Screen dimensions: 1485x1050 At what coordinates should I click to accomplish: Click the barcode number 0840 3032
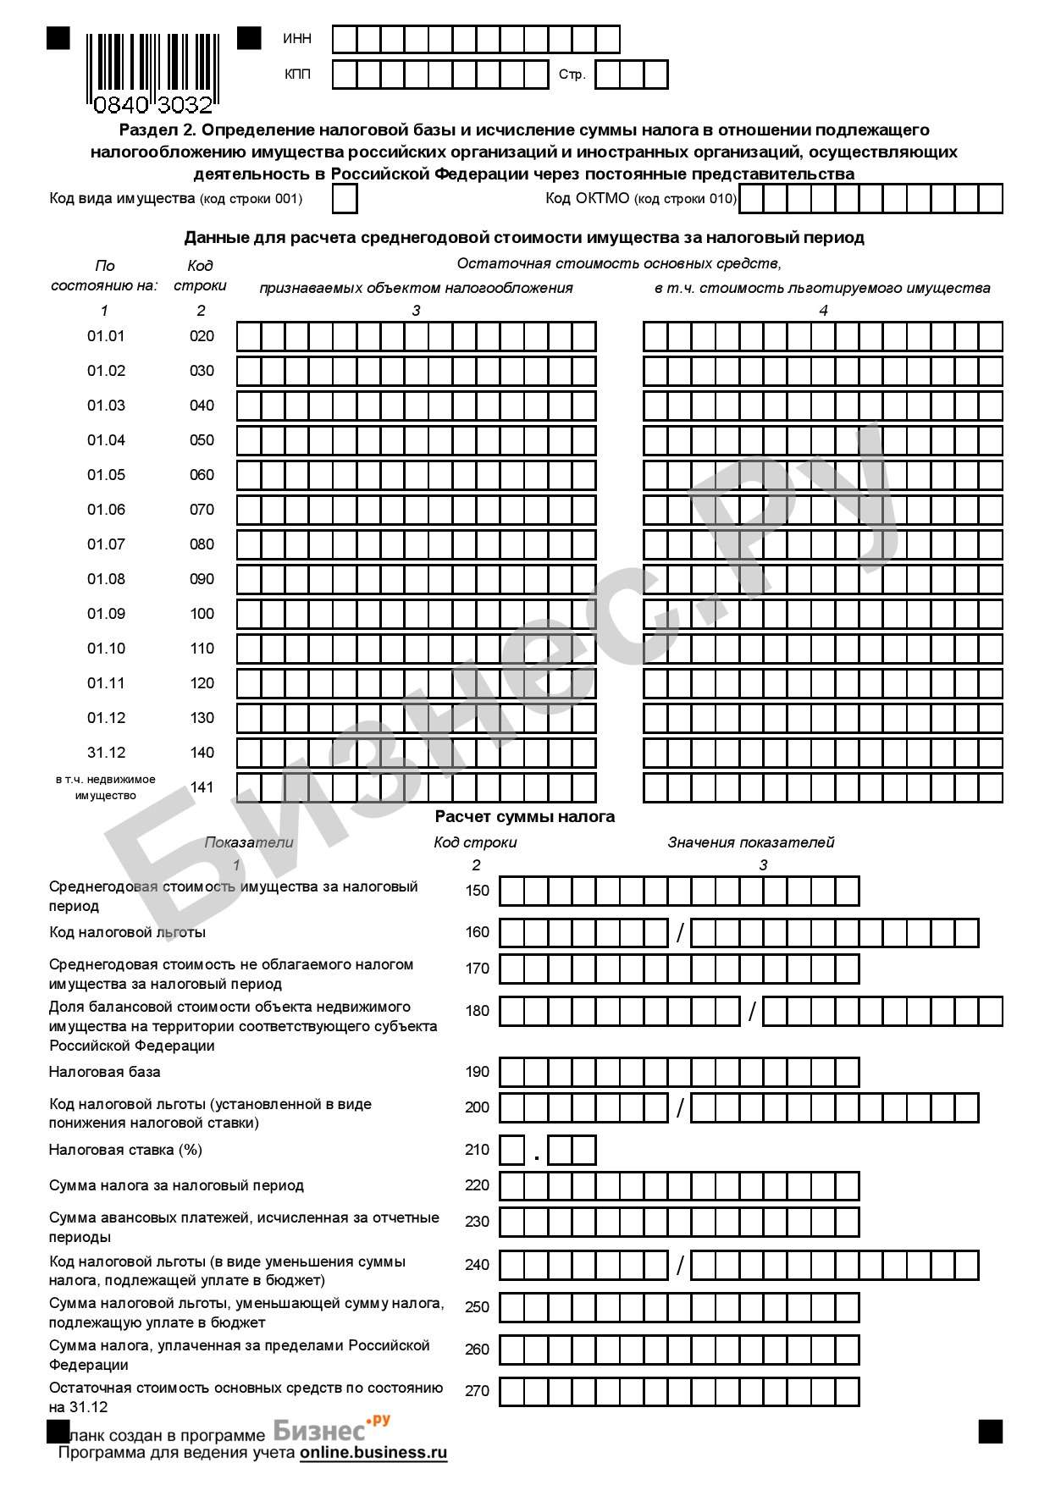pos(152,105)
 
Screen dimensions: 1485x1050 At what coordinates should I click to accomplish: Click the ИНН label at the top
pos(297,39)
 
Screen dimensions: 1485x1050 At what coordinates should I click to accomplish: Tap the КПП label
pos(297,75)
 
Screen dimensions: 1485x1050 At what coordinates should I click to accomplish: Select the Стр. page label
pos(572,75)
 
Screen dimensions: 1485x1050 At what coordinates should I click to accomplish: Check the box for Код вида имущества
pos(345,199)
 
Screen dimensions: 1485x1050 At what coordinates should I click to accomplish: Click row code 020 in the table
pos(202,336)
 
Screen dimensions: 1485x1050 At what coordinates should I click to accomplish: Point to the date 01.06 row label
pos(106,510)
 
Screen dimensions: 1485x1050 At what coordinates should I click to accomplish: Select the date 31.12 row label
pos(106,753)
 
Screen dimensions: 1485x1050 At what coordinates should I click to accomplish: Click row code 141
pos(202,787)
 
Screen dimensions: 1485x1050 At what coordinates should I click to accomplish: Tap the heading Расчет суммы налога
pos(524,817)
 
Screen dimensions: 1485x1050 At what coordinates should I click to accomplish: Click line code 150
pos(478,891)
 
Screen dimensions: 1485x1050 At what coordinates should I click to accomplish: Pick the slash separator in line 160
pos(680,933)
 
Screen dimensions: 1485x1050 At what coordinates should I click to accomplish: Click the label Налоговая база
pos(104,1072)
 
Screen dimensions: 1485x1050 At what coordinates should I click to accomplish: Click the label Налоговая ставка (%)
pos(125,1150)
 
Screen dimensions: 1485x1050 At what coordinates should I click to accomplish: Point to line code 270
pos(478,1391)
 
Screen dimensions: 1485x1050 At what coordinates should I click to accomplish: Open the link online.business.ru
pos(373,1453)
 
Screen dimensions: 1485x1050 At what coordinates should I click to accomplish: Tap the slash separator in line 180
pos(752,1011)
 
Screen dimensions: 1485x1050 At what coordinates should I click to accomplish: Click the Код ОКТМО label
pos(641,199)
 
